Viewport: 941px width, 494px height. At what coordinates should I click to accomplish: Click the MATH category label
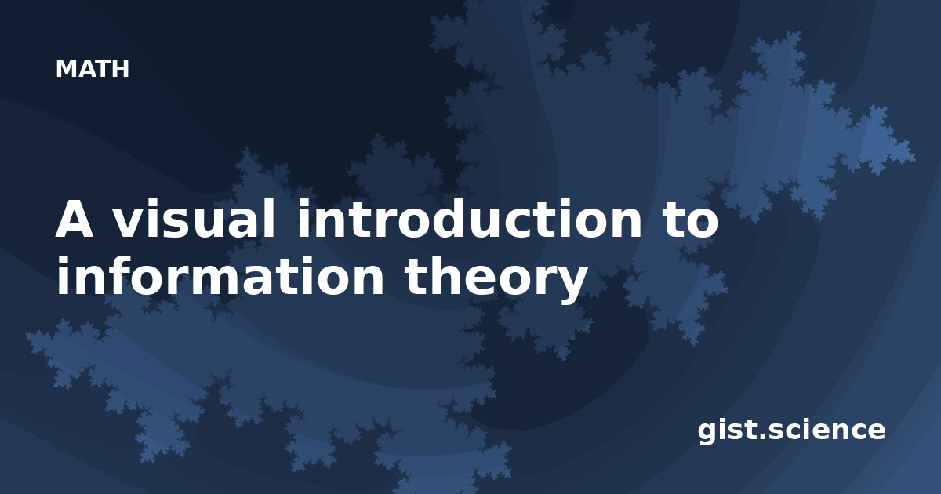(92, 69)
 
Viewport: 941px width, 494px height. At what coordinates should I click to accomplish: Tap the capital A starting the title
(74, 220)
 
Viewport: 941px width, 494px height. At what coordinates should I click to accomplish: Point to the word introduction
(470, 219)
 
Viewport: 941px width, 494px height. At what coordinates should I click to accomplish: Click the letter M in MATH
(66, 69)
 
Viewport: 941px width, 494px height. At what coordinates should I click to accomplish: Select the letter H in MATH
(120, 69)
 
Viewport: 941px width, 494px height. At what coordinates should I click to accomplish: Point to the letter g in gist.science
(710, 433)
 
